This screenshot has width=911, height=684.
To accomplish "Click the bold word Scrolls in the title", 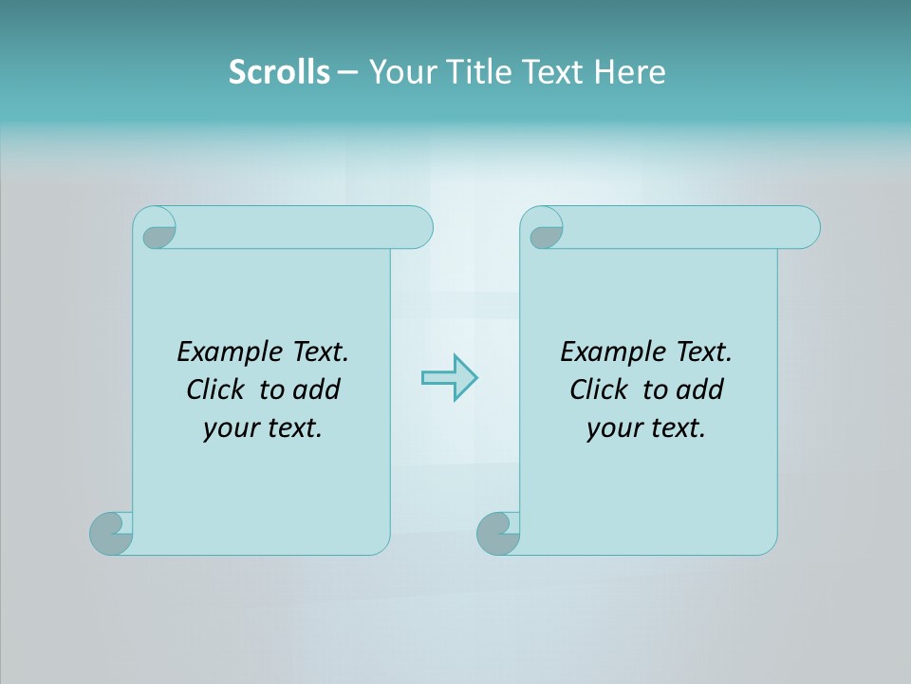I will point(279,71).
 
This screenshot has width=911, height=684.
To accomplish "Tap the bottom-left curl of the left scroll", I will point(110,533).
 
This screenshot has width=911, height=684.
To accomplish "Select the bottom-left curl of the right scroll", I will point(497,533).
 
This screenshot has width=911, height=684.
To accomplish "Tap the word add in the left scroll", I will point(317,389).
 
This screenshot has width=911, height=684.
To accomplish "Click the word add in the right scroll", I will point(700,389).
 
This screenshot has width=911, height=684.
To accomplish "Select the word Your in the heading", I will point(400,71).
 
